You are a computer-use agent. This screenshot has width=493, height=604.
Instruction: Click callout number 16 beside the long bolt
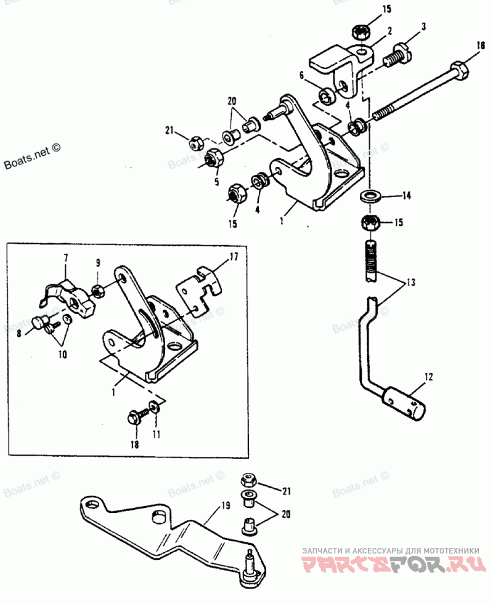[x=481, y=46]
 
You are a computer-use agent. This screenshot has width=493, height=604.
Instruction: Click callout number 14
[x=406, y=196]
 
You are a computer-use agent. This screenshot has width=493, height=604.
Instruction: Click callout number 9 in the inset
[x=97, y=264]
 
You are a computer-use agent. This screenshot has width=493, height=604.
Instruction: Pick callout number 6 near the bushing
[x=302, y=75]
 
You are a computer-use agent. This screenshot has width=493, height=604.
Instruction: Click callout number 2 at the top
[x=390, y=30]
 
